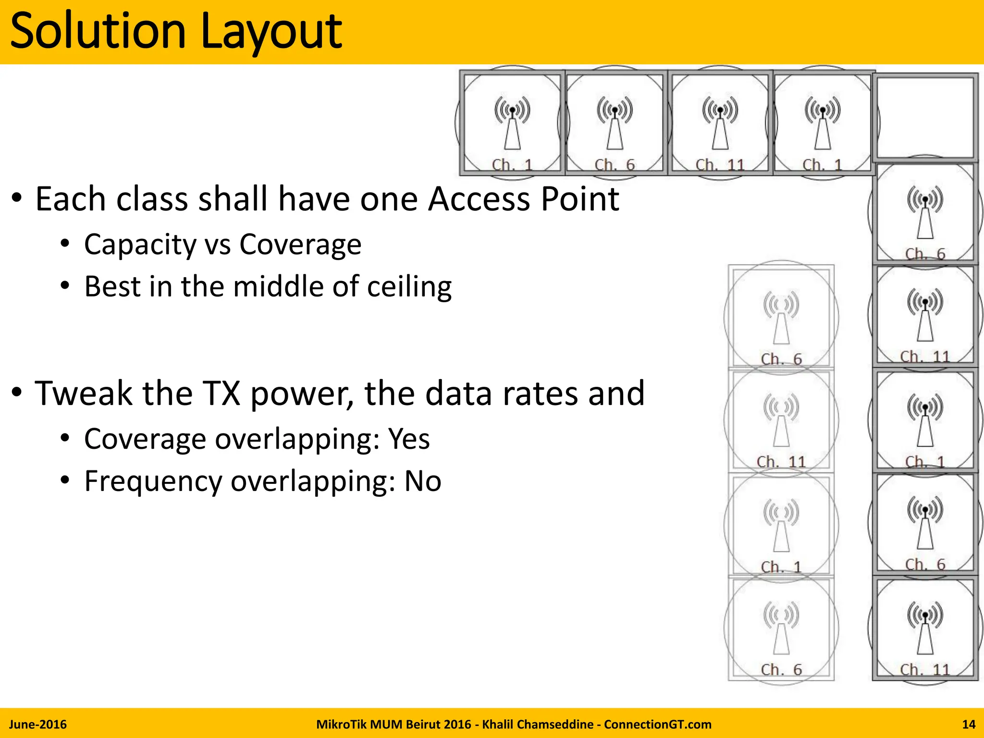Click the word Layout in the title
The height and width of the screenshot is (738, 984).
pos(271,32)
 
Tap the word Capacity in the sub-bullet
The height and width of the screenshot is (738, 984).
pos(140,245)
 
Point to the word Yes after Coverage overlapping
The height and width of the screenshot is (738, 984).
pos(409,439)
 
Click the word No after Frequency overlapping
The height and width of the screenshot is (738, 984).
pos(422,481)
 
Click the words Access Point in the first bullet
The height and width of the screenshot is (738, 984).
pos(523,199)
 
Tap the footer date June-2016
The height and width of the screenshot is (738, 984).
pos(38,725)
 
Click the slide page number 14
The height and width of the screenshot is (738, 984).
pos(969,725)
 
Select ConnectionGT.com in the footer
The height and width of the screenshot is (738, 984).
pos(657,725)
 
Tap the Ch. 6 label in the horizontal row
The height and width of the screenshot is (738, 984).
pos(615,165)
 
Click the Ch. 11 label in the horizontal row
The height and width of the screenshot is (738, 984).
pos(720,165)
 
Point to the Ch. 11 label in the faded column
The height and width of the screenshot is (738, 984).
pos(781,462)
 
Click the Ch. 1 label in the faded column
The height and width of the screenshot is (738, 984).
pos(781,567)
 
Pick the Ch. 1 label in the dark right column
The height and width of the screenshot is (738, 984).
pos(925,462)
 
